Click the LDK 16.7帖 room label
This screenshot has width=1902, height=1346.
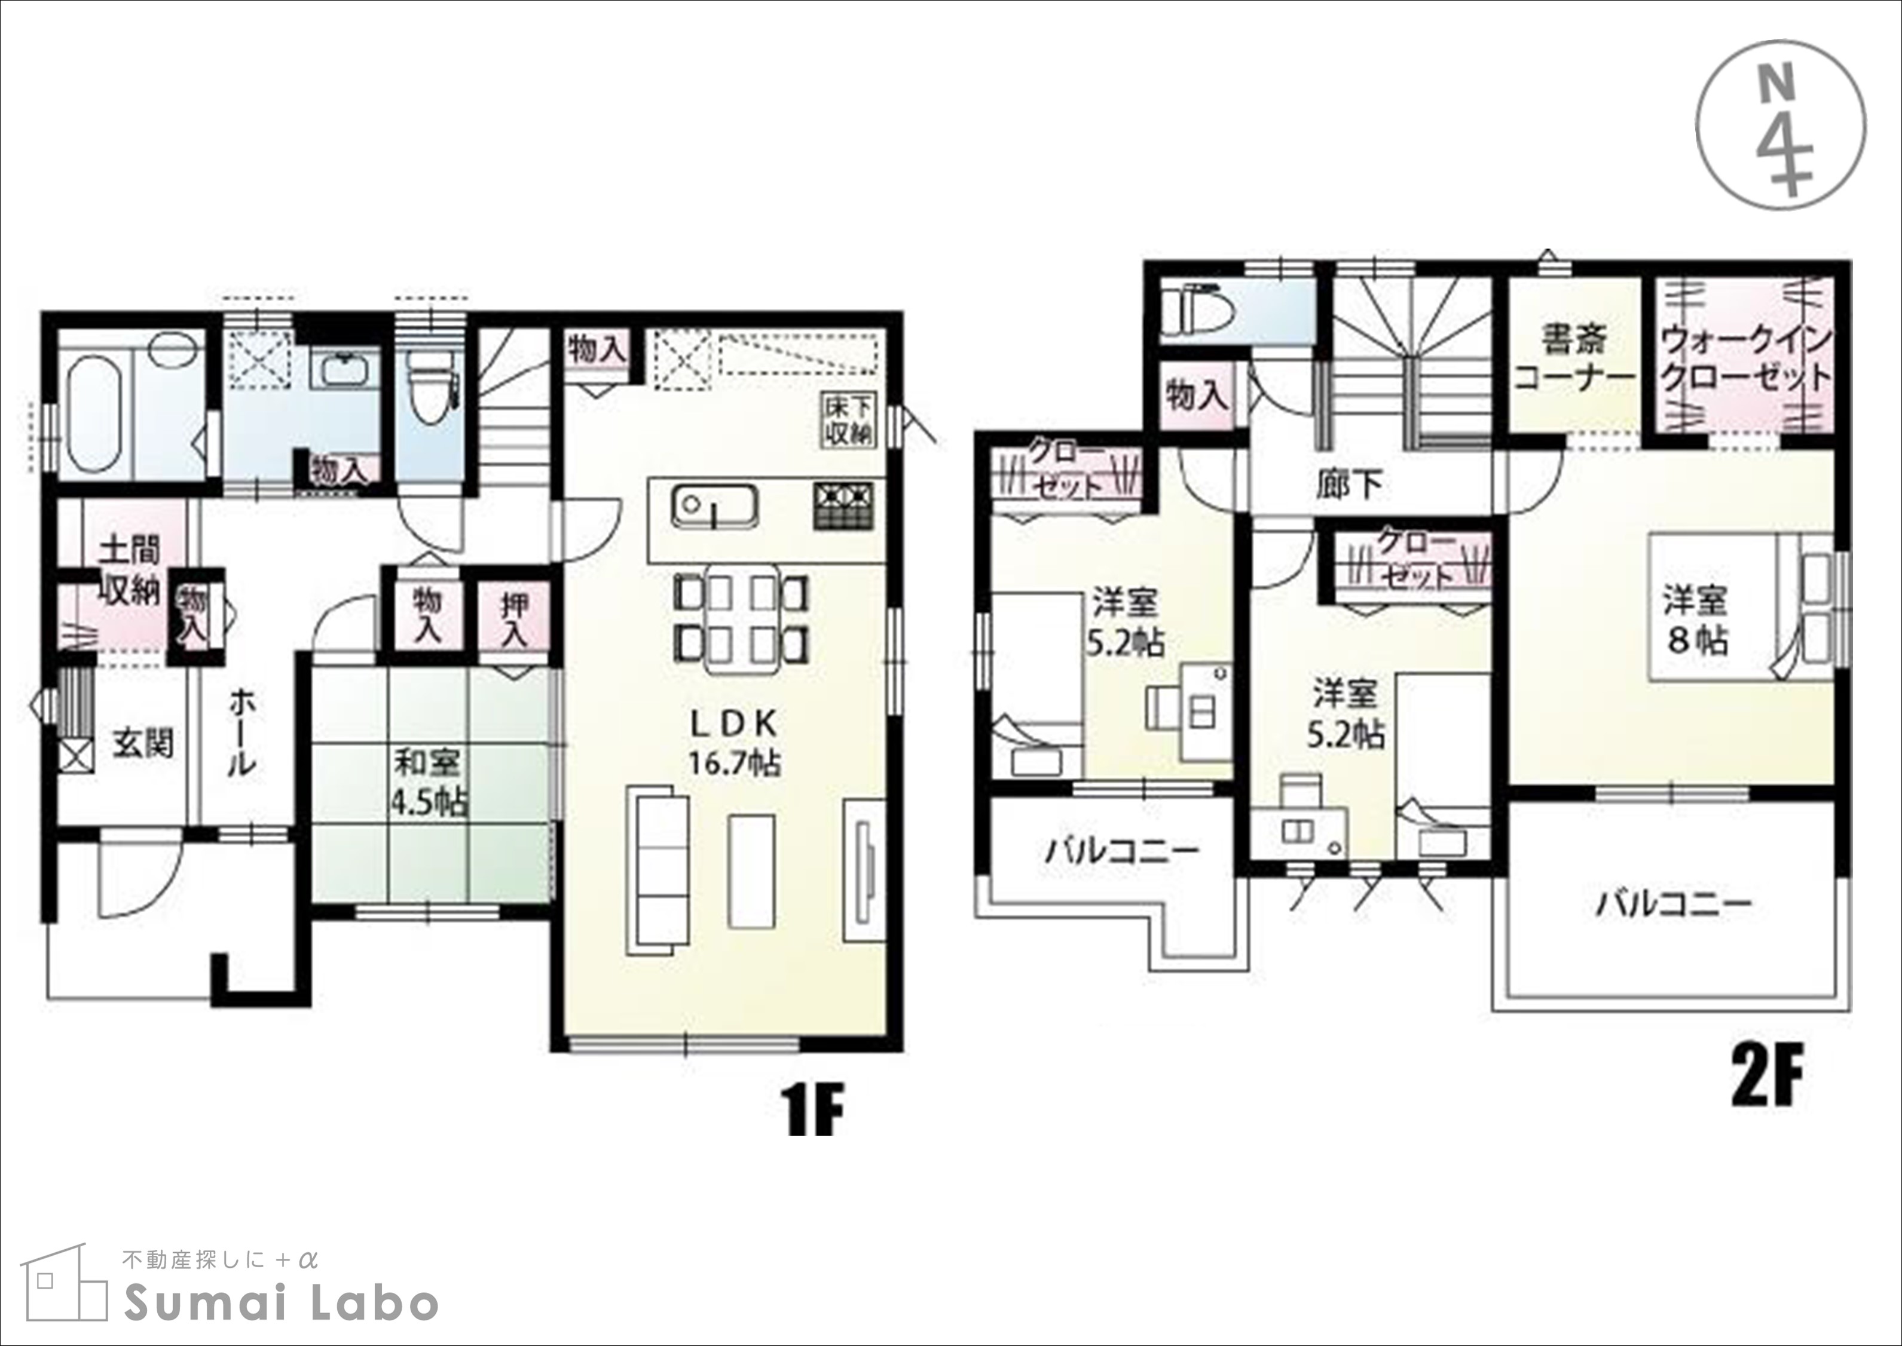click(x=735, y=743)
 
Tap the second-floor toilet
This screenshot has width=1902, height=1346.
click(x=1200, y=312)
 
